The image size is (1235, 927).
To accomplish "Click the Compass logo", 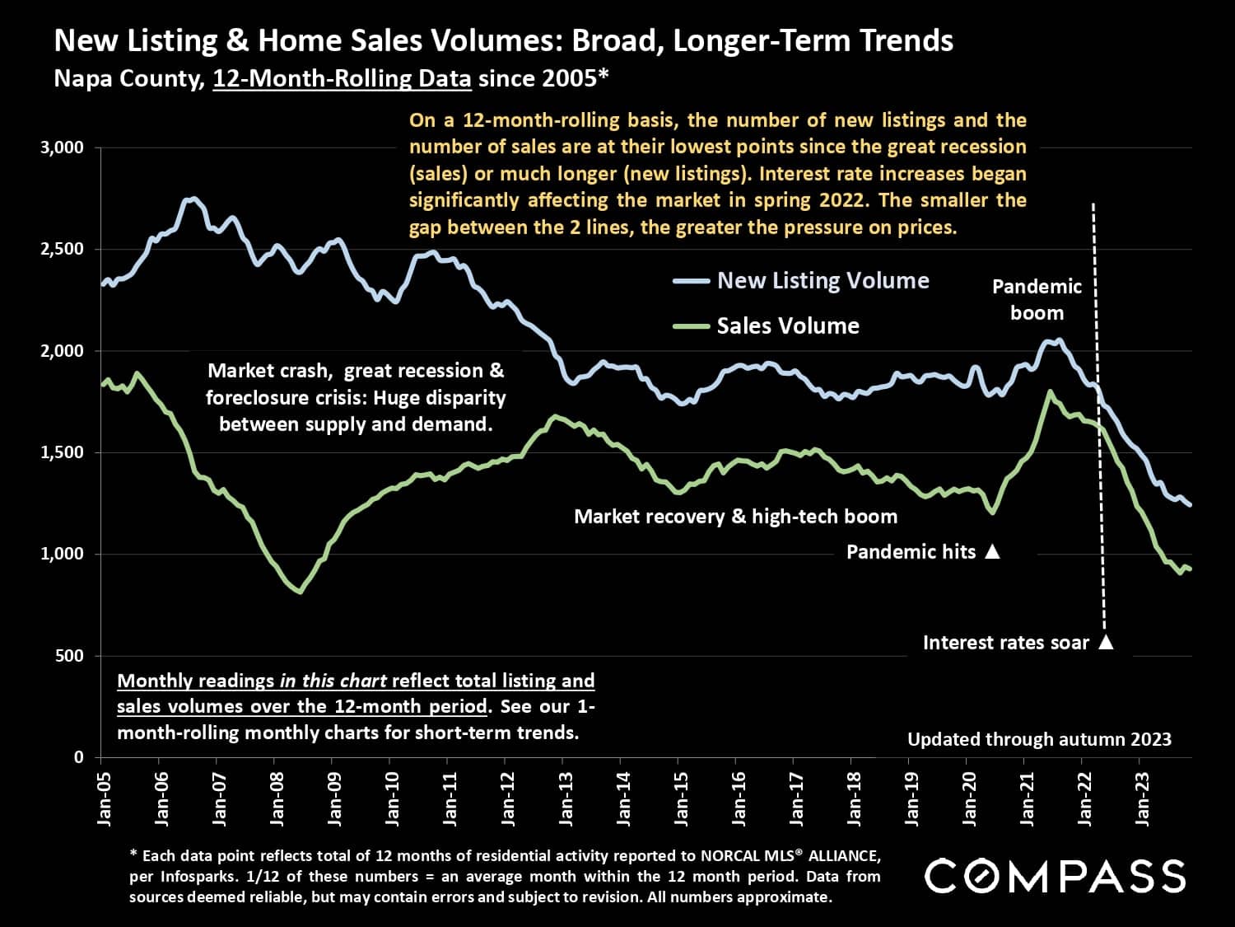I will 1055,876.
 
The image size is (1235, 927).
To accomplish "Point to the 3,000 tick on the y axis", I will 63,147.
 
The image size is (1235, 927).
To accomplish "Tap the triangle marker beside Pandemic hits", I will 992,551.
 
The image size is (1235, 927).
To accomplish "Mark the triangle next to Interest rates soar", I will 1106,642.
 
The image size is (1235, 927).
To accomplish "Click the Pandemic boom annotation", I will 1037,300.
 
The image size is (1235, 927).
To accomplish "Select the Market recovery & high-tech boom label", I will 735,517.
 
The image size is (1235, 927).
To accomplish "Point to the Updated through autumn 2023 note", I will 1039,739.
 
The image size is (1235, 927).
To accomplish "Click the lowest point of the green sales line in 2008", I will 299,591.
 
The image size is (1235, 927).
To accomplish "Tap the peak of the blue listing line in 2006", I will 193,199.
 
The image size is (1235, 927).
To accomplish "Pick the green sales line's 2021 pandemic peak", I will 1050,392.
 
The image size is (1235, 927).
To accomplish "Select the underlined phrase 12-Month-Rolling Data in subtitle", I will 342,79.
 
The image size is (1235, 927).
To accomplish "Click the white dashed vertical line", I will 1098,412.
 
